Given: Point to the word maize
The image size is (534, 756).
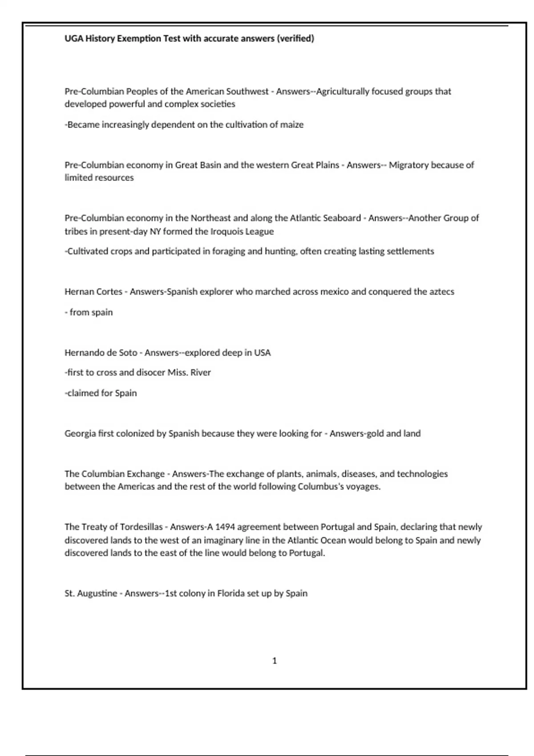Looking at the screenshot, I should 292,125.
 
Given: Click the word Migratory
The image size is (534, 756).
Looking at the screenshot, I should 408,165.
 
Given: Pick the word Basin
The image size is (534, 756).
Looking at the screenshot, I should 210,165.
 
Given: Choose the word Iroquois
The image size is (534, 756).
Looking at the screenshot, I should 228,231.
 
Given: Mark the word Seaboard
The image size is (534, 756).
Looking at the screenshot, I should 339,218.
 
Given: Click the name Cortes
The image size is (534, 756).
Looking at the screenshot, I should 109,292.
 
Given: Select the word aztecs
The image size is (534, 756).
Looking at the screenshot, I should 442,292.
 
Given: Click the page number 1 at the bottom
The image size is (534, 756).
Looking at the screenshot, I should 275,661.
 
